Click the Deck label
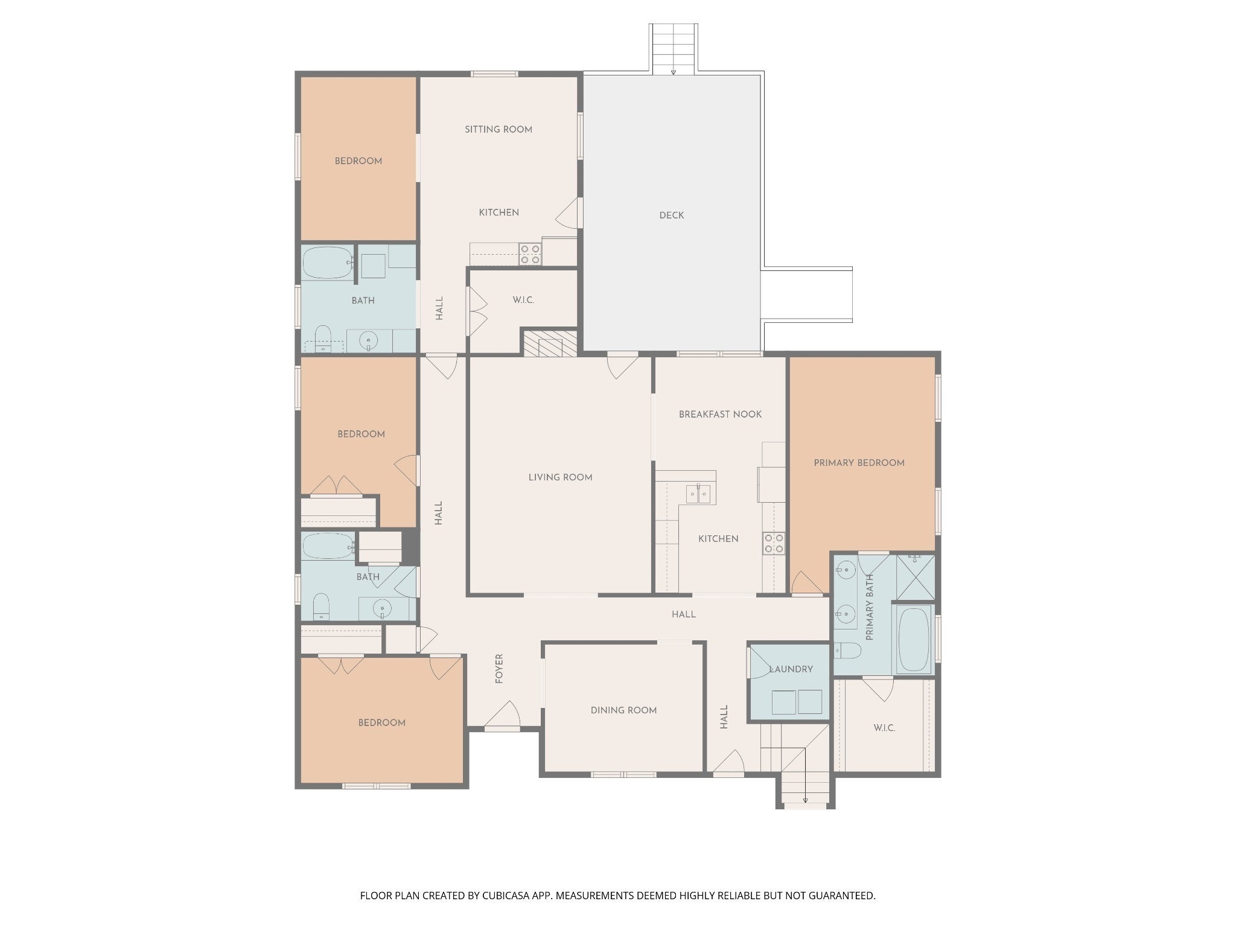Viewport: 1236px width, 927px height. point(672,215)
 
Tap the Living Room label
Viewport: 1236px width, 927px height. point(560,477)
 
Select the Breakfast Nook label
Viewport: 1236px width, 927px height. point(720,415)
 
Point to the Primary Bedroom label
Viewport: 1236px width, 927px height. point(859,463)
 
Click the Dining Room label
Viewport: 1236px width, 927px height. point(623,710)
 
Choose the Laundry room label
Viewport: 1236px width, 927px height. point(791,669)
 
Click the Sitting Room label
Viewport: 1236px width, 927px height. point(499,129)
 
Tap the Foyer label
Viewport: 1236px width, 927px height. point(499,669)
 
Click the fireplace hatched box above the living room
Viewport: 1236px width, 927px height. point(550,343)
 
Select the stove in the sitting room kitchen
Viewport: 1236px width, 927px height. point(530,254)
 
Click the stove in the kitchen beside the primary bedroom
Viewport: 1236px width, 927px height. point(774,543)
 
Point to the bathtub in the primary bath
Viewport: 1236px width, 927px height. point(914,640)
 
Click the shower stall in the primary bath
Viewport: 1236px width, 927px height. point(915,577)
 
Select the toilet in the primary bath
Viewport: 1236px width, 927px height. point(848,651)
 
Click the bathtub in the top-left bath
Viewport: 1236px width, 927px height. point(328,262)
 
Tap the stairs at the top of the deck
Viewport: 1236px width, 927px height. point(674,49)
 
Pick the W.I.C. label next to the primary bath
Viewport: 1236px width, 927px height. point(884,728)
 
